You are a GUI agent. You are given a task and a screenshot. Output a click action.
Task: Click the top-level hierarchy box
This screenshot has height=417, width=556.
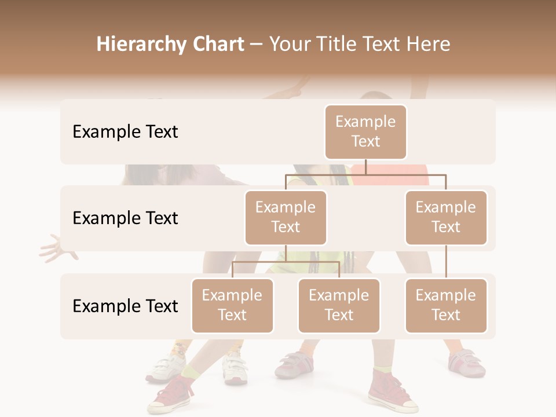click(x=365, y=132)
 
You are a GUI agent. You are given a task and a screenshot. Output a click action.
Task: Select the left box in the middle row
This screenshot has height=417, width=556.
click(x=286, y=218)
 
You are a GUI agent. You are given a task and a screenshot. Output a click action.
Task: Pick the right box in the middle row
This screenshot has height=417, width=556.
click(x=445, y=218)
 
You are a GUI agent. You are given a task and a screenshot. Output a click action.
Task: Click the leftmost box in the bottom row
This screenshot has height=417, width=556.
click(x=232, y=306)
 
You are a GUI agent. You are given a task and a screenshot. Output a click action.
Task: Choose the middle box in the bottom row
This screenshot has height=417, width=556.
click(x=339, y=306)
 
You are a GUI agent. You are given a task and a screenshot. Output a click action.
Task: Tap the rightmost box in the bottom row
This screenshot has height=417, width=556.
click(x=445, y=306)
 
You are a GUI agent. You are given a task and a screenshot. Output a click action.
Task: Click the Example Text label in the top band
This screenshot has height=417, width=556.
click(x=125, y=132)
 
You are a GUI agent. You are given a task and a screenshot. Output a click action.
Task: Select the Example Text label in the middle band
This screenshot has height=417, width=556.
click(x=125, y=218)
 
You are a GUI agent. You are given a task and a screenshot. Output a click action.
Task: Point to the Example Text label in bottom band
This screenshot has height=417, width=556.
click(x=125, y=306)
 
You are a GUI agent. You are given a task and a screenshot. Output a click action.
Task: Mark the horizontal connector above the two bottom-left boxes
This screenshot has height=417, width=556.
click(x=286, y=262)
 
